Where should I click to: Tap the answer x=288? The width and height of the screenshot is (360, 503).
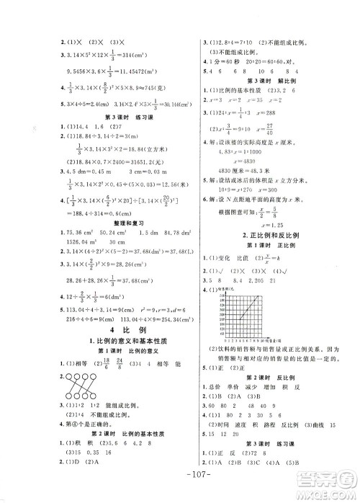tap(268, 114)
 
